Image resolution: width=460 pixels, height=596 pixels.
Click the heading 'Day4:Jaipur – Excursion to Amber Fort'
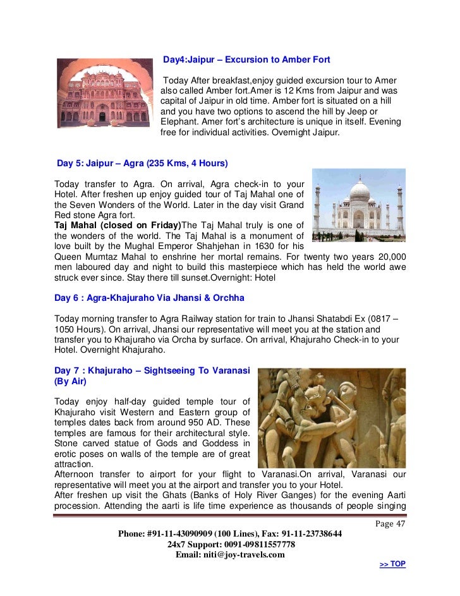pyautogui.click(x=246, y=60)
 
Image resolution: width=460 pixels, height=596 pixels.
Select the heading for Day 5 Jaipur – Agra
pyautogui.click(x=142, y=163)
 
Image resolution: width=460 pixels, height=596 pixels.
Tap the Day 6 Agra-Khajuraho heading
pyautogui.click(x=149, y=298)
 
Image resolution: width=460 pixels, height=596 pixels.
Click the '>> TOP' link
pyautogui.click(x=392, y=564)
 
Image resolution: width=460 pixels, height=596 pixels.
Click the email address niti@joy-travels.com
pyautogui.click(x=246, y=555)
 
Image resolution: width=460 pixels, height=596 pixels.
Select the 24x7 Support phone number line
pyautogui.click(x=231, y=544)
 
